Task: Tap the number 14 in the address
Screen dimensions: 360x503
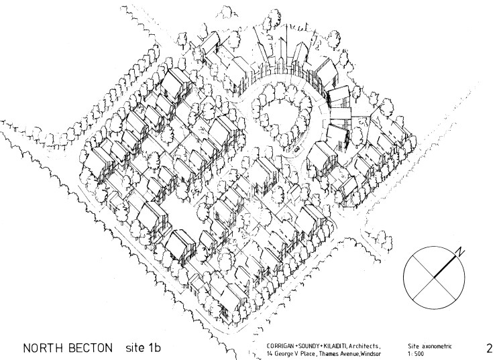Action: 260,353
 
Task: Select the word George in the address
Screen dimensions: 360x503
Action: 276,353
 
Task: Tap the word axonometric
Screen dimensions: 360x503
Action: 436,345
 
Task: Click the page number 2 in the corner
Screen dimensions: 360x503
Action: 489,348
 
